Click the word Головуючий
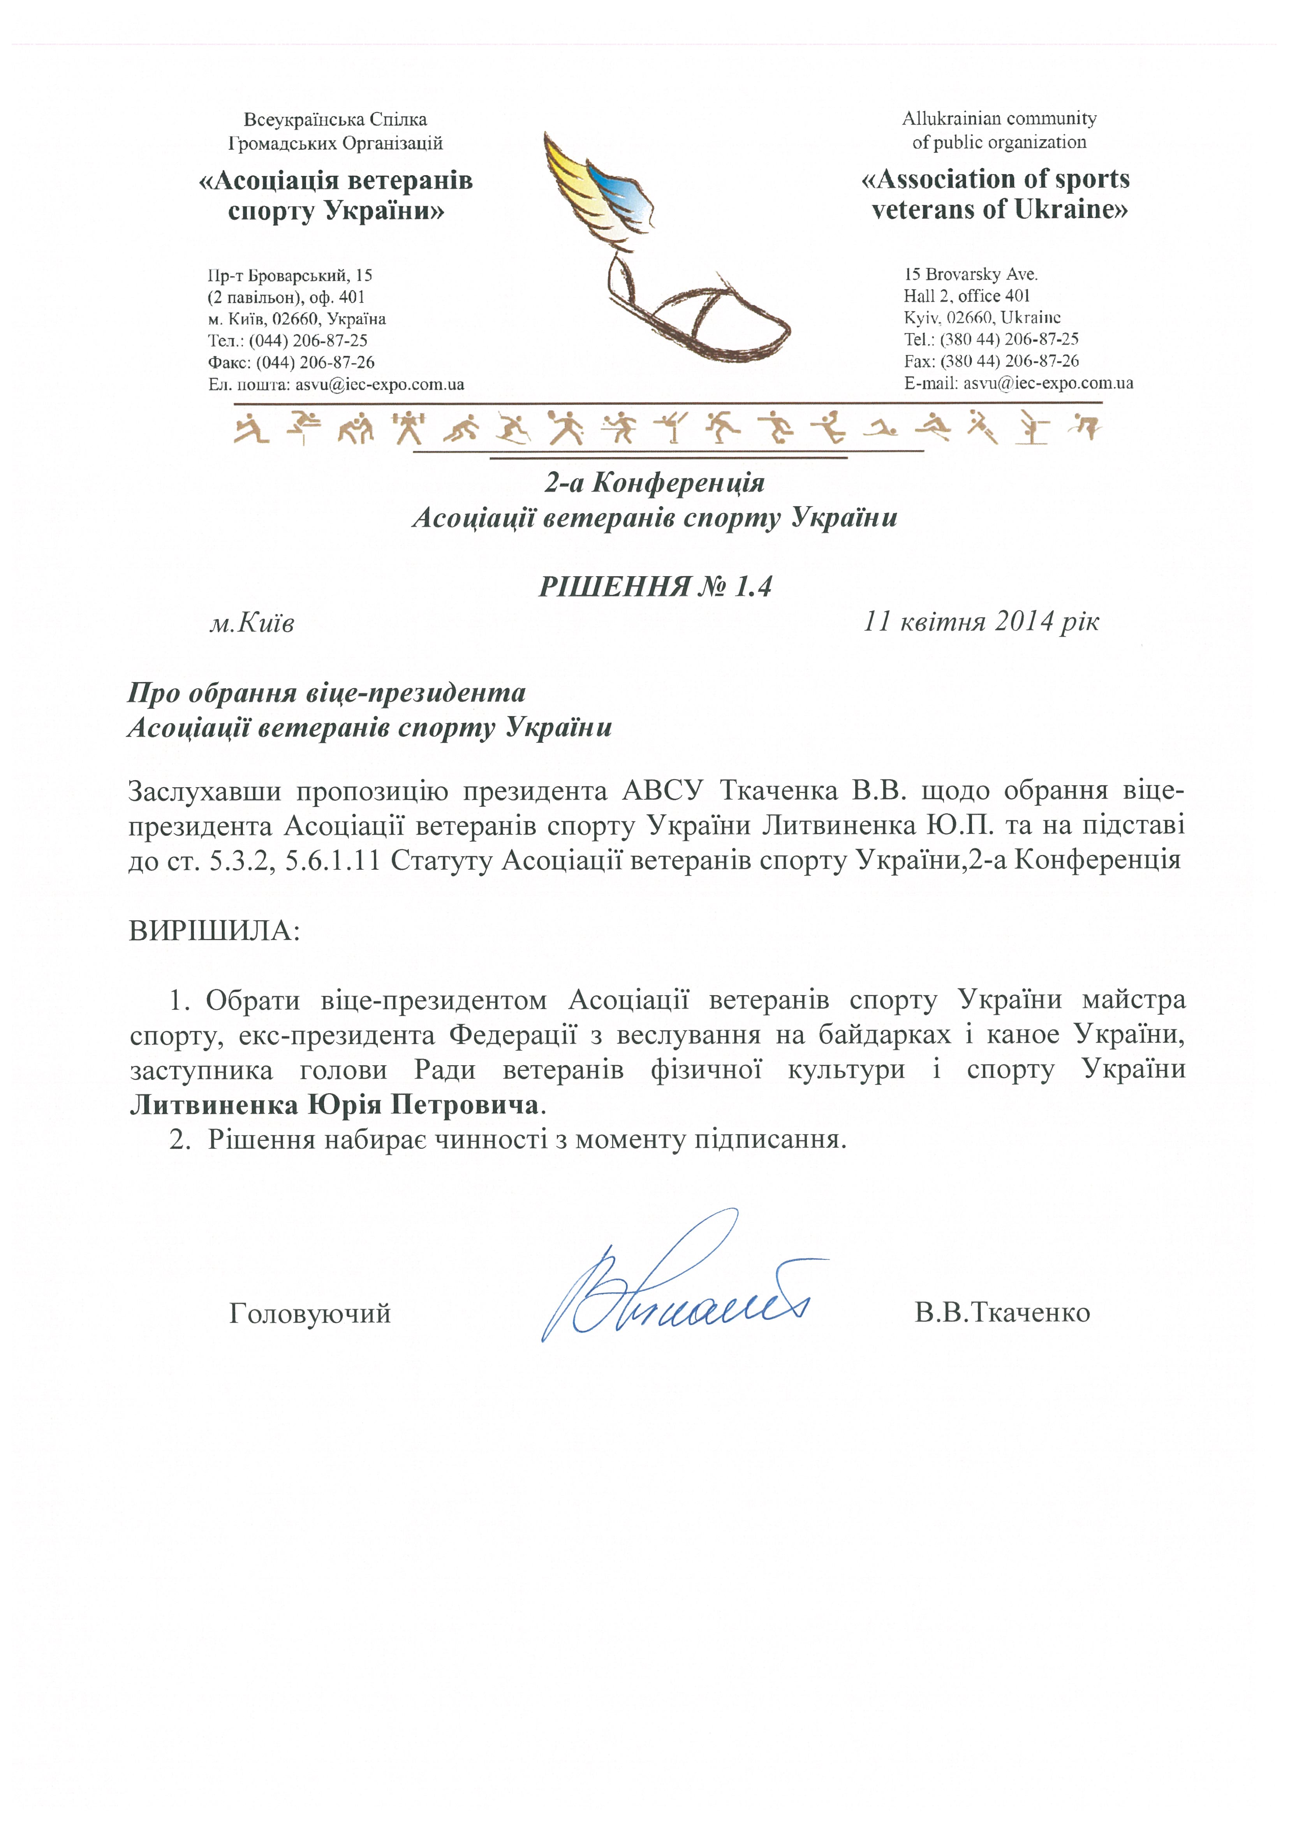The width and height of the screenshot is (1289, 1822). click(x=310, y=1313)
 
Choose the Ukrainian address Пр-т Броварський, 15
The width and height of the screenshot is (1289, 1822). click(x=290, y=276)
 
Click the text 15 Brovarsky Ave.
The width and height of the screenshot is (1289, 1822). click(x=970, y=274)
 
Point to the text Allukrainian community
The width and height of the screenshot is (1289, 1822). click(x=998, y=119)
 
